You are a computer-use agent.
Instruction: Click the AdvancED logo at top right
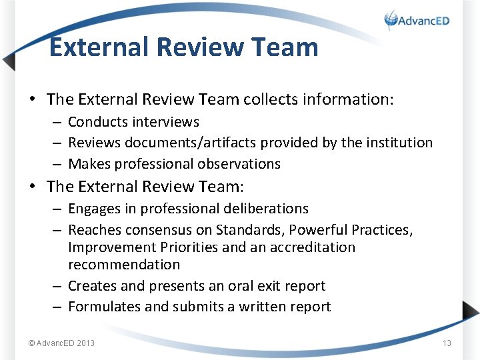417,21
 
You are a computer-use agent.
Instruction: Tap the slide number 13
447,343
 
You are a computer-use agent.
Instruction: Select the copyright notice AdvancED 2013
61,343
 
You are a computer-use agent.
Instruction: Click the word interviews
166,122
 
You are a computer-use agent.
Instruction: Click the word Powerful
317,230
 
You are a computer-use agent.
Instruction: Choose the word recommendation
124,265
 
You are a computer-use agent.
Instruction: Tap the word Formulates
103,307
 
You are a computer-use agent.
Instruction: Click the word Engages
93,209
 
